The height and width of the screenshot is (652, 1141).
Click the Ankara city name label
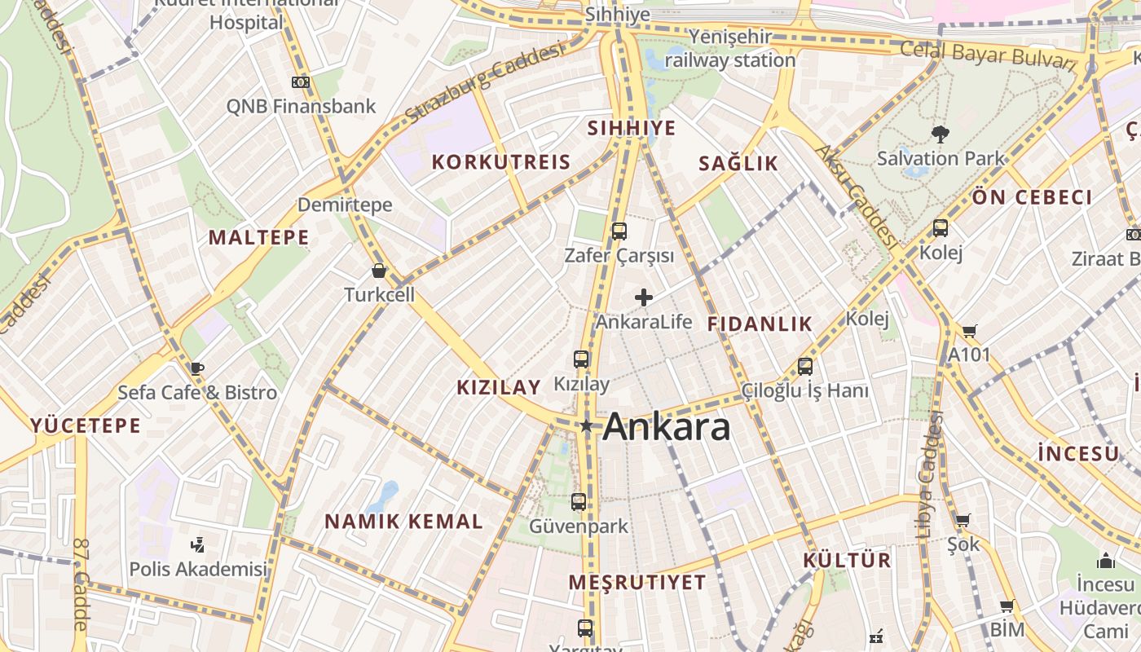pos(666,426)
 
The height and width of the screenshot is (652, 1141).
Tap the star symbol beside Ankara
pos(586,425)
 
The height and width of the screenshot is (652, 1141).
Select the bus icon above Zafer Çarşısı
pos(619,231)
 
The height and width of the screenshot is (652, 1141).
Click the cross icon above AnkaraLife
pos(644,297)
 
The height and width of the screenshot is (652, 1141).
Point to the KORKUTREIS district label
pos(501,161)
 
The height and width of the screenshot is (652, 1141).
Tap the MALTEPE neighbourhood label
pos(258,237)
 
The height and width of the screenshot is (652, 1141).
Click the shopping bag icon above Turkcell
pos(379,271)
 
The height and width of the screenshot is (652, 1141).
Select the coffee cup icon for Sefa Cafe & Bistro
pos(196,368)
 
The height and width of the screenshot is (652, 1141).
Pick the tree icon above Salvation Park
pos(940,134)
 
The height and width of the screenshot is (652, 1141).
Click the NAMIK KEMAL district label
pos(404,522)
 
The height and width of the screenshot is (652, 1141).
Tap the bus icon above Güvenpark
pos(579,502)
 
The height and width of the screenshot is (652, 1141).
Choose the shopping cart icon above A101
pos(969,331)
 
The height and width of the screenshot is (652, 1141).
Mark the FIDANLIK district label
pos(760,324)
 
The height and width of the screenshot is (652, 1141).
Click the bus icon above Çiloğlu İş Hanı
pos(805,367)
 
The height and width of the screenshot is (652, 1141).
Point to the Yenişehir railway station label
pos(730,48)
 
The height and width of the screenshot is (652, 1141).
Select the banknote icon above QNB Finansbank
pos(301,82)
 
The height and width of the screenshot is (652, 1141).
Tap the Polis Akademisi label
pos(198,568)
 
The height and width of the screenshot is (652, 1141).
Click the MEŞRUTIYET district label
pos(637,582)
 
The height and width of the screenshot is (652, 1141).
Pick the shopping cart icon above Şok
pos(963,520)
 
